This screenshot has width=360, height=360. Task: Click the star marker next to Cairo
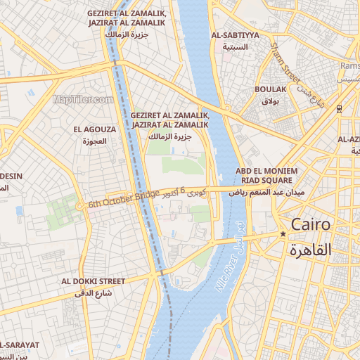(x=283, y=234)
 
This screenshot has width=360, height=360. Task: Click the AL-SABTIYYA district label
(x=235, y=35)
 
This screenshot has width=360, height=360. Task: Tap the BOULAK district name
(x=270, y=90)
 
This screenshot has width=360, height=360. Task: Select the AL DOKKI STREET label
(x=93, y=281)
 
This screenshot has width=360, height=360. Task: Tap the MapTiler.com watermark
(x=83, y=99)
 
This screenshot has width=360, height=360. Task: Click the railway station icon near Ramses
(x=339, y=108)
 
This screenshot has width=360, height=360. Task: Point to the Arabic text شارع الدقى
(x=94, y=293)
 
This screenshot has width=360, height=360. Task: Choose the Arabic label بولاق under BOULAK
(x=270, y=102)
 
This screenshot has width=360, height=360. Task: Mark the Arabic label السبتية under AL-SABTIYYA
(x=235, y=47)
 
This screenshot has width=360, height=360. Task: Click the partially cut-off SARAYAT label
(x=20, y=345)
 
